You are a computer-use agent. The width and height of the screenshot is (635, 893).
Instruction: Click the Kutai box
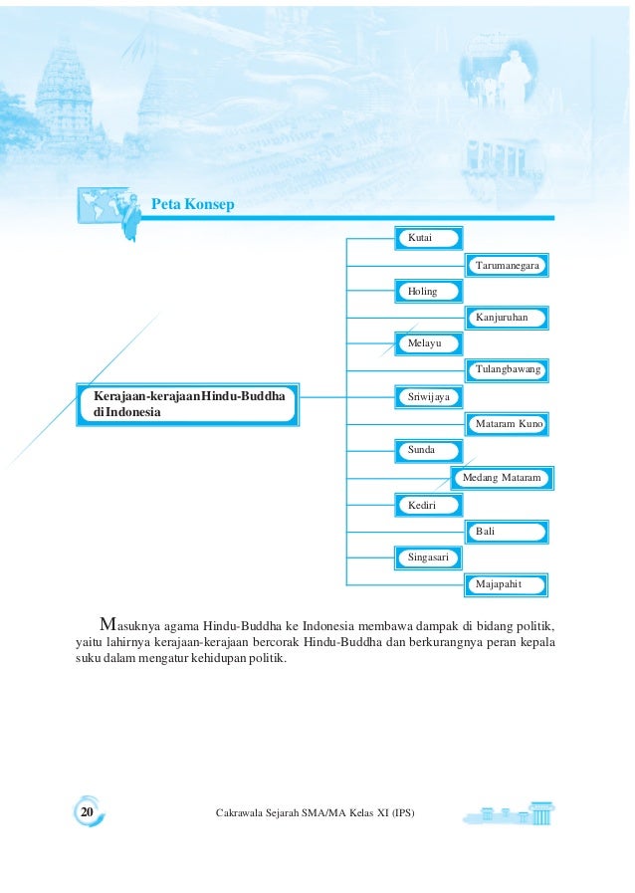429,239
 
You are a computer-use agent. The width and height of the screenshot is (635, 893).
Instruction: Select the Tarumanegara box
508,266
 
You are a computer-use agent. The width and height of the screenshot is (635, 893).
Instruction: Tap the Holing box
429,292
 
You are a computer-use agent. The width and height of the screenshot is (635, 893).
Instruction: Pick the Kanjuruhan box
508,319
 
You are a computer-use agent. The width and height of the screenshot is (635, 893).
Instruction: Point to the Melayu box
429,344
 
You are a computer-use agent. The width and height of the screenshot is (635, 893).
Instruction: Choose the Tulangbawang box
508,370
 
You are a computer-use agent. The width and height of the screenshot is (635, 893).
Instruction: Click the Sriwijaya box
429,397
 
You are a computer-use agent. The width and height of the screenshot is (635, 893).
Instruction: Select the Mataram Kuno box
508,424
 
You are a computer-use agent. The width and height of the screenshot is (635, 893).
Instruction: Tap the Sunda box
429,451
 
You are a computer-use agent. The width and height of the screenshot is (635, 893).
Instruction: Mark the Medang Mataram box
502,479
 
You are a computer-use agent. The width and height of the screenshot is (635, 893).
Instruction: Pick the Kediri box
429,506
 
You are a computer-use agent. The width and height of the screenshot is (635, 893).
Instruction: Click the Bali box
508,533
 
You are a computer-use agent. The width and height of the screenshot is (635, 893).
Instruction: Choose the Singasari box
429,558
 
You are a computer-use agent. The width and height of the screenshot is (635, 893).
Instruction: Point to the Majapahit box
508,584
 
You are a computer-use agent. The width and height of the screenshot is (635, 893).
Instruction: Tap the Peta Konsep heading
192,205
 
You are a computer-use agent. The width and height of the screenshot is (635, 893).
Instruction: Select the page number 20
87,813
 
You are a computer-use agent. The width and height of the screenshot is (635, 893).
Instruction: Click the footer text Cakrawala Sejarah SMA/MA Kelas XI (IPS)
315,814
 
